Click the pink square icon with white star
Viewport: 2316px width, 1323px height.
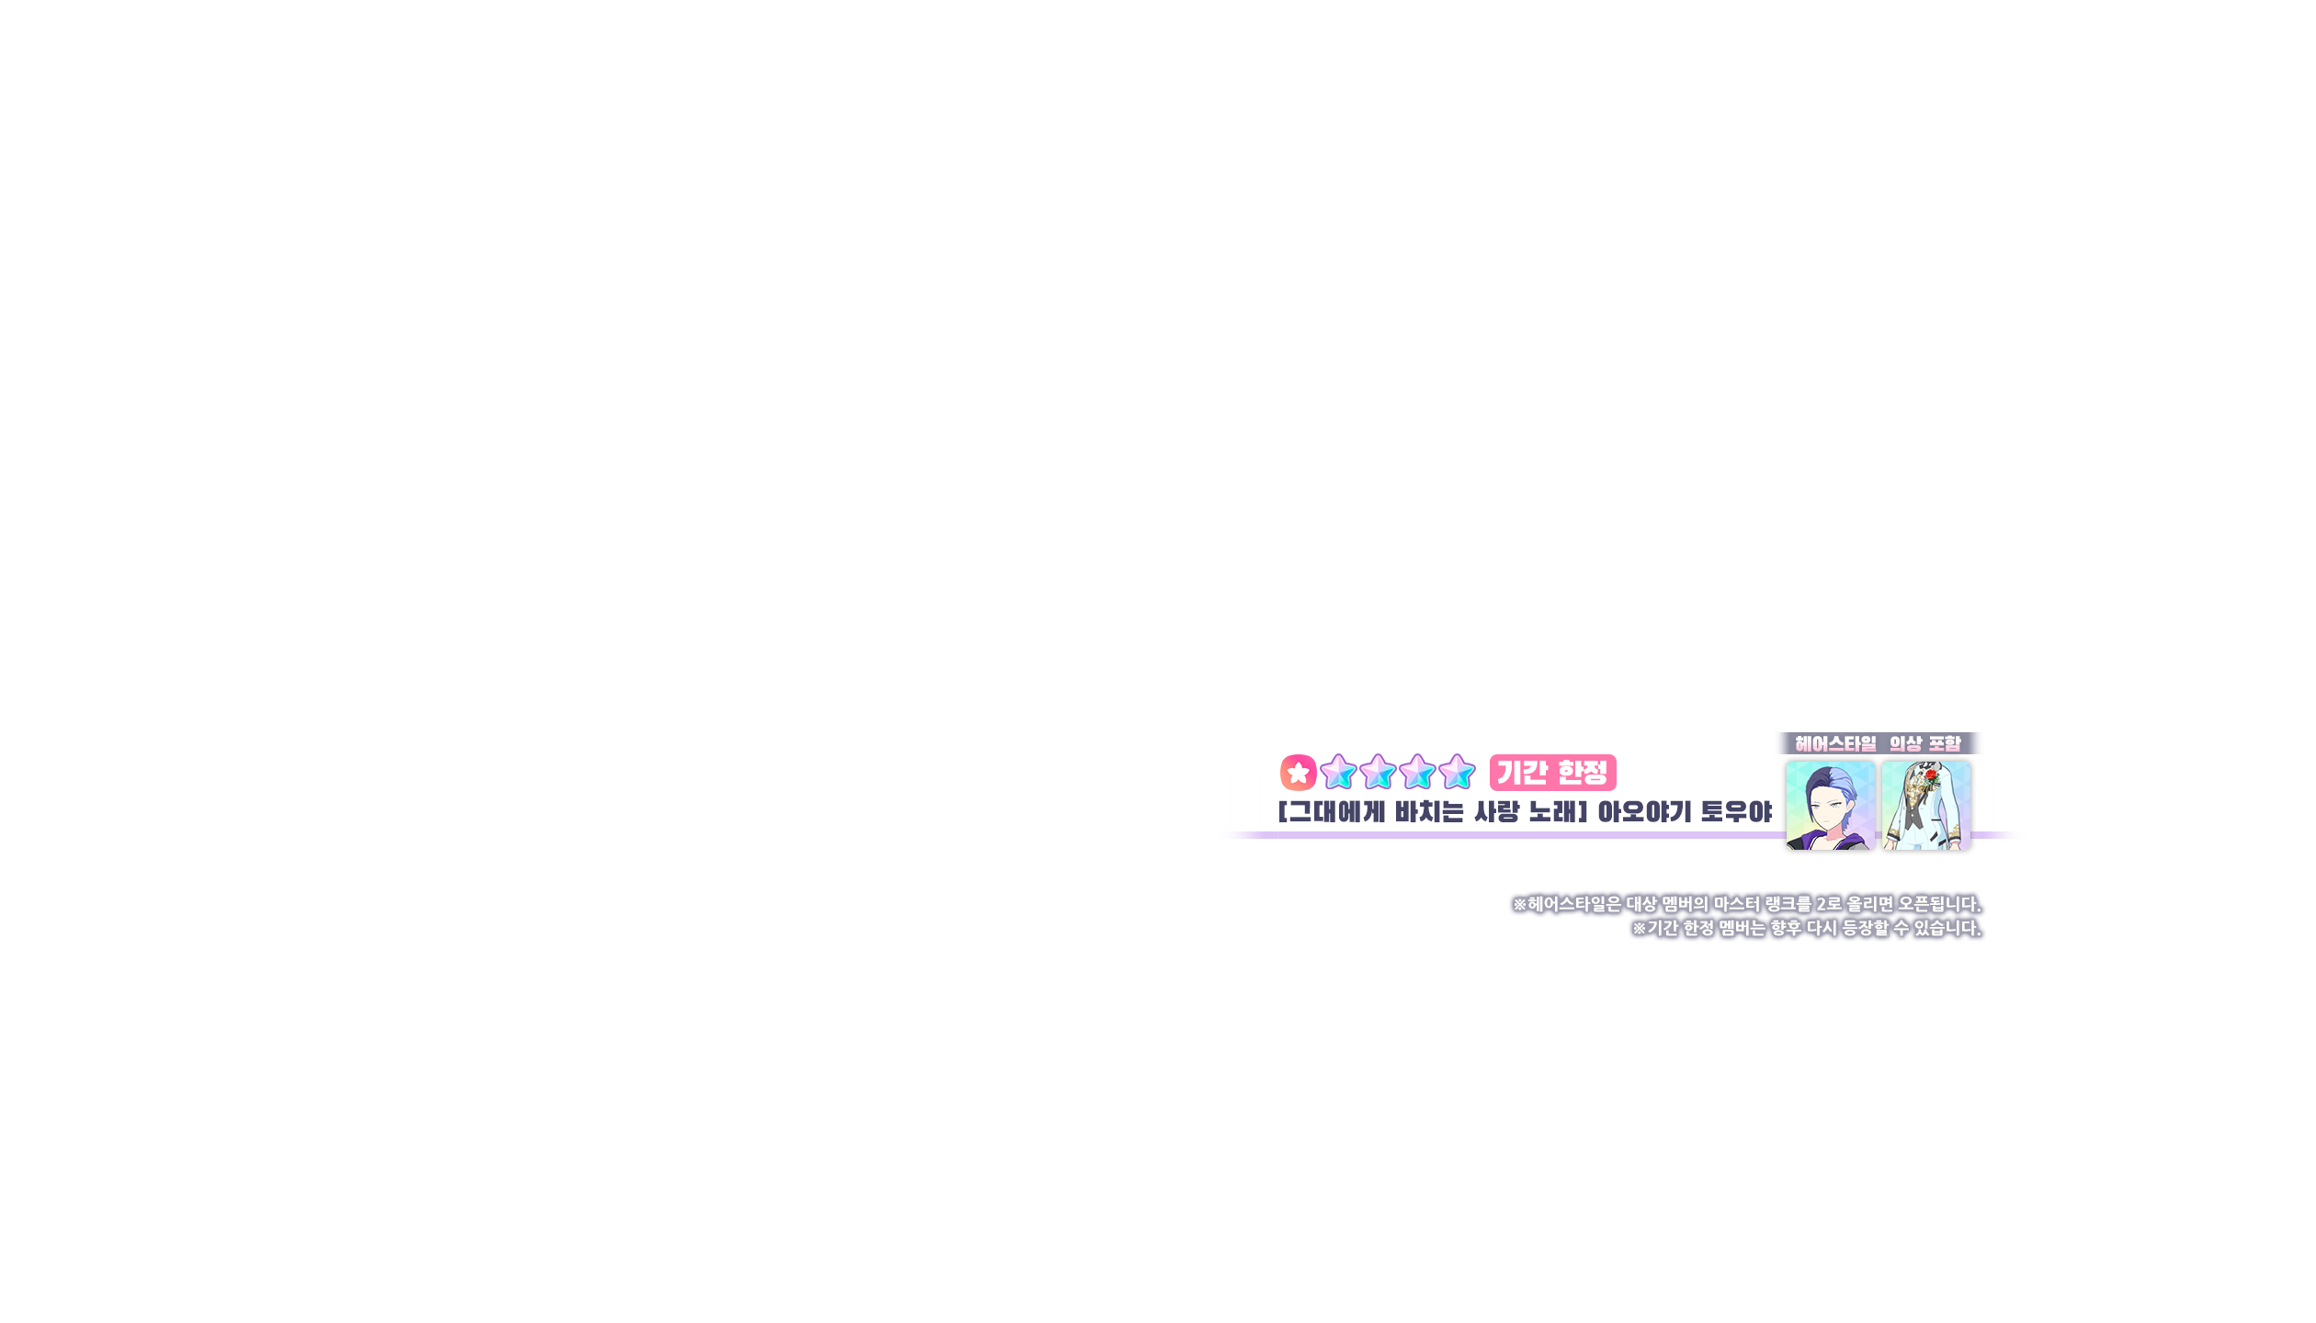click(1298, 773)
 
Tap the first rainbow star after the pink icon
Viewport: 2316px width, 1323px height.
click(1338, 773)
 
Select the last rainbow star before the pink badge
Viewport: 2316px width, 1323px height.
click(1457, 773)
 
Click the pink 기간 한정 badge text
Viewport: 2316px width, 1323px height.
click(1552, 773)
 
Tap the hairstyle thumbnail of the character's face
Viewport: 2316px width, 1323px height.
click(1829, 806)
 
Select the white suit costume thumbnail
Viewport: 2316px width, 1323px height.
click(1925, 806)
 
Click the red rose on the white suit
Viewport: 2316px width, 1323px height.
click(1931, 776)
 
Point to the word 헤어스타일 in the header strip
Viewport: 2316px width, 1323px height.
click(1835, 743)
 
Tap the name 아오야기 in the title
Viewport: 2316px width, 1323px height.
click(1644, 812)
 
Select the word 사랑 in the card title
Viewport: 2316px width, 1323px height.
click(1497, 812)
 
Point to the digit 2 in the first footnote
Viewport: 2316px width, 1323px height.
click(1822, 905)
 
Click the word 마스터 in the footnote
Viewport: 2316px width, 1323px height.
click(1737, 905)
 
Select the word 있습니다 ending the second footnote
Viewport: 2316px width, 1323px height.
click(1947, 929)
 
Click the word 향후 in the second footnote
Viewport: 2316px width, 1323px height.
click(1786, 929)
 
